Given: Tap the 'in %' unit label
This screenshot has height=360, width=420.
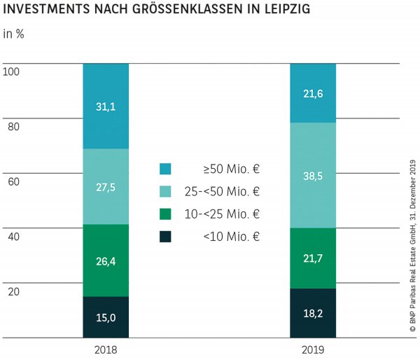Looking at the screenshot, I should (14, 35).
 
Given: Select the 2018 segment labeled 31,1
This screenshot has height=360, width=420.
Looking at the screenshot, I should (106, 106).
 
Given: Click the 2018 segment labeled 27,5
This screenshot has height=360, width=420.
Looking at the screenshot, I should (106, 186).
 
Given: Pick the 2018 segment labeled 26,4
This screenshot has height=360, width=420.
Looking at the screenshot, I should (106, 260).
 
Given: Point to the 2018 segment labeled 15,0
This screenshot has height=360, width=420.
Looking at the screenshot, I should (106, 317).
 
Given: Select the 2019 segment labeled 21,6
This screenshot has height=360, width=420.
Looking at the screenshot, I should (313, 93).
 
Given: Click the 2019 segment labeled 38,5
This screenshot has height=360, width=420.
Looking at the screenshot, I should (313, 175).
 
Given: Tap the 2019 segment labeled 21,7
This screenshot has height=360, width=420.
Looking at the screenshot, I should (313, 258).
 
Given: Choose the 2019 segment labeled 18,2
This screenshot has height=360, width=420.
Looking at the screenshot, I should (313, 313).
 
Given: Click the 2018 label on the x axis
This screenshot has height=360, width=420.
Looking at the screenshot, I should (106, 349).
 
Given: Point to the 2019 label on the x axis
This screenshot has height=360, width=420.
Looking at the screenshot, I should (313, 349).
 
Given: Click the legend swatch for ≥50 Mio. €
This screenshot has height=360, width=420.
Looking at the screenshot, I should (165, 169).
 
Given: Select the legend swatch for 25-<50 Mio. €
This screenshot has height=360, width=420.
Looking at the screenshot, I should (165, 191).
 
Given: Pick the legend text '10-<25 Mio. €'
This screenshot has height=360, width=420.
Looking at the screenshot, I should (232, 214).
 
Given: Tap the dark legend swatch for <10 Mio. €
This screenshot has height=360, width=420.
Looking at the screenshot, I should (165, 236).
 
